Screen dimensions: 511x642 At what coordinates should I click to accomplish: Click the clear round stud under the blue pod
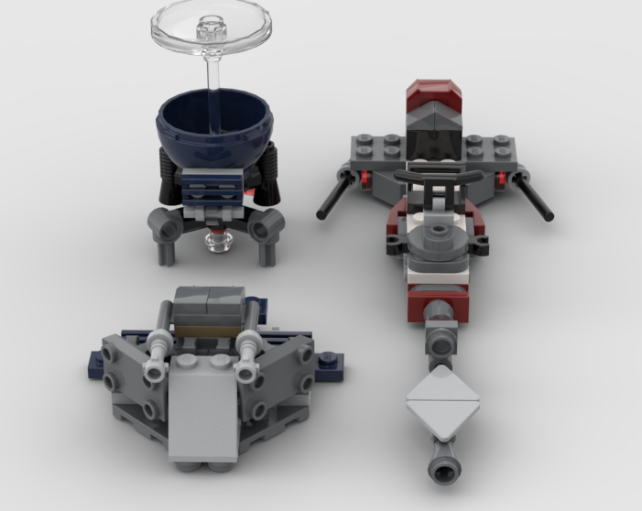click(217, 241)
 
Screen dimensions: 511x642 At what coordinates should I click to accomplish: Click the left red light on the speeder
click(365, 175)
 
